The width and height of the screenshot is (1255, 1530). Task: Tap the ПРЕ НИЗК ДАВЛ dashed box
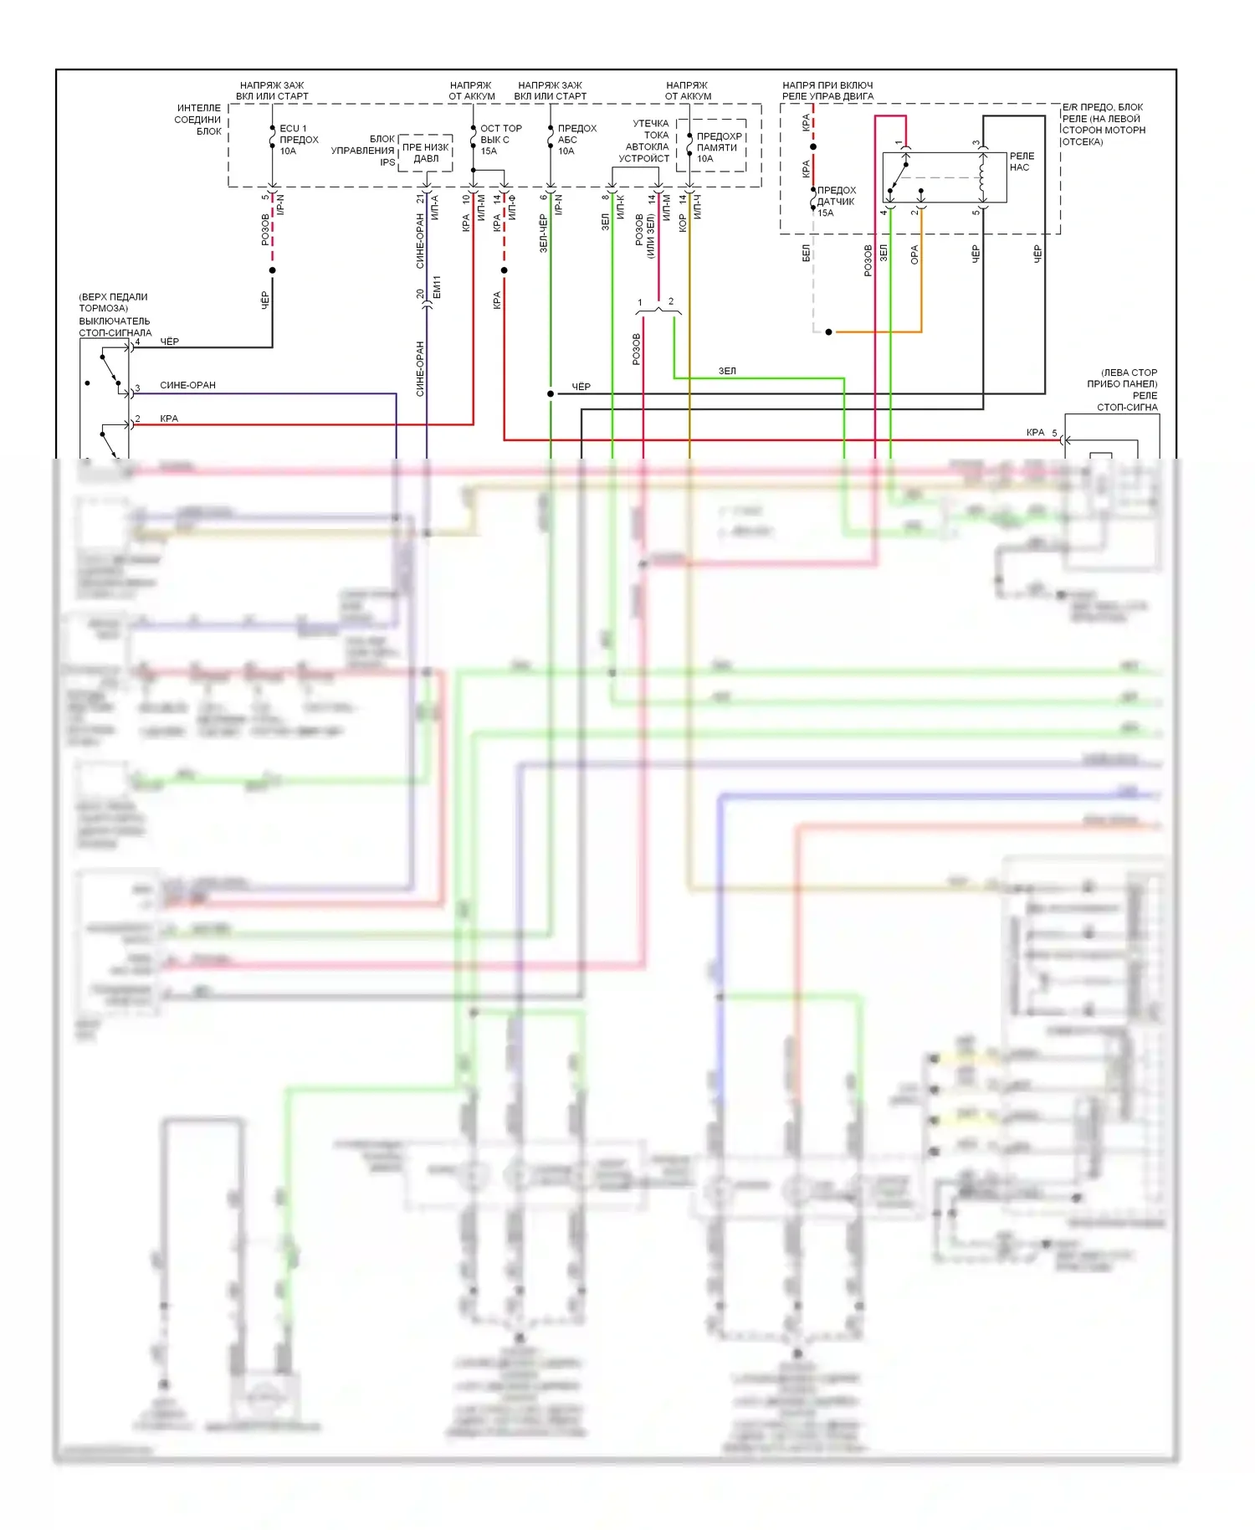click(x=425, y=153)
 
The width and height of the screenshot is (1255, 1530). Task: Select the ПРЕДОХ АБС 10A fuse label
click(x=576, y=140)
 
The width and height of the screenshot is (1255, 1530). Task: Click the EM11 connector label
click(x=437, y=287)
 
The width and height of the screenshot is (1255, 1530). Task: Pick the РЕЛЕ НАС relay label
click(x=1022, y=162)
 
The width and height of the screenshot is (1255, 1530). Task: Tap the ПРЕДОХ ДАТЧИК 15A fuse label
click(x=836, y=202)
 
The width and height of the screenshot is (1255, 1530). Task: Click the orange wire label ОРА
click(x=914, y=254)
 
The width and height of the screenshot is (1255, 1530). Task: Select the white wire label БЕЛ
click(x=806, y=253)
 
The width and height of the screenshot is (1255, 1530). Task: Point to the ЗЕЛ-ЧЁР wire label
click(x=543, y=234)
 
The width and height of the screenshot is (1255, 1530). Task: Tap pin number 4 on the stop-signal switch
click(x=138, y=341)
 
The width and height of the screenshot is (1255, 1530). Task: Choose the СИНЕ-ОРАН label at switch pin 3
click(x=187, y=385)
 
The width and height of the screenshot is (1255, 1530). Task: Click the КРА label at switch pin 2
click(x=169, y=418)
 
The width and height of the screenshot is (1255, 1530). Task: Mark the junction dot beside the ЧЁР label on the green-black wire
click(x=551, y=393)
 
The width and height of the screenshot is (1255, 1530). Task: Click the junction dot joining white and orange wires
click(x=828, y=332)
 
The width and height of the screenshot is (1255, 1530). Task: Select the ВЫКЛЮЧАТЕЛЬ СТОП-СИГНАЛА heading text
click(x=115, y=326)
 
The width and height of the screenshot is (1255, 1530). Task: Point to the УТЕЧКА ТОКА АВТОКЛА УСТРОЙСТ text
click(x=645, y=141)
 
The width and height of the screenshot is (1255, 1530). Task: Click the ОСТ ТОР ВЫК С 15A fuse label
click(x=499, y=140)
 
